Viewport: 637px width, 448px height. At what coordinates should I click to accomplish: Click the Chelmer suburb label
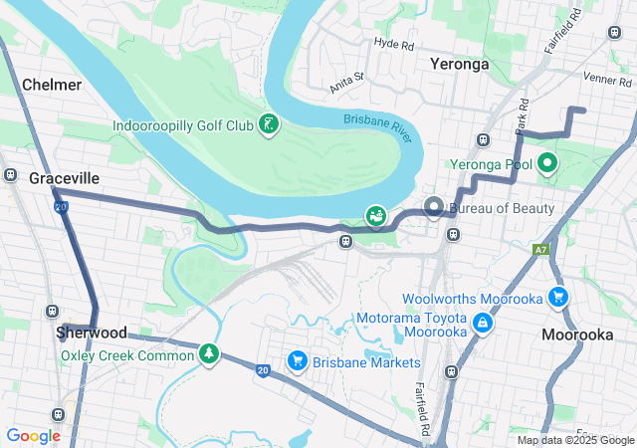coord(51,85)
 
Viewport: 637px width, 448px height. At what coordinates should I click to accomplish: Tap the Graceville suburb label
coord(64,178)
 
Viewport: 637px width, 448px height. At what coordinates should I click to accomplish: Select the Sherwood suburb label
coord(92,332)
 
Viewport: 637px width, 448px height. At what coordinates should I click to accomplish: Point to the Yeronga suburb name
coord(459,64)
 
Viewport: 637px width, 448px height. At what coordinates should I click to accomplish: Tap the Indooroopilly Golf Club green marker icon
coord(267,125)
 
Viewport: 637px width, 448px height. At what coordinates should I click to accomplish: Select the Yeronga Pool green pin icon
coord(548,163)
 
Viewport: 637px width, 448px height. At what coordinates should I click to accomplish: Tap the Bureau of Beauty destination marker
coord(434,208)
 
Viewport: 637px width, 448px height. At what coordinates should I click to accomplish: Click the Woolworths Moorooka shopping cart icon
coord(557,298)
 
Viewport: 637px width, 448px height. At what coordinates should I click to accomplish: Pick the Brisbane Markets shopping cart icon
coord(296,361)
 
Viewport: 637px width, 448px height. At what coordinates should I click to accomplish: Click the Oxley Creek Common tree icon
coord(209,354)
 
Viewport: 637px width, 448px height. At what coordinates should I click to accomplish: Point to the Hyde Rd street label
coord(393,44)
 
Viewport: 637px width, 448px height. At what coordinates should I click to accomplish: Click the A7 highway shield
coord(541,250)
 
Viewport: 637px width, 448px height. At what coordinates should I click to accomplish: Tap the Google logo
coord(34,436)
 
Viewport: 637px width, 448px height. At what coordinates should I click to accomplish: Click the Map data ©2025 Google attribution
coord(574,440)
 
